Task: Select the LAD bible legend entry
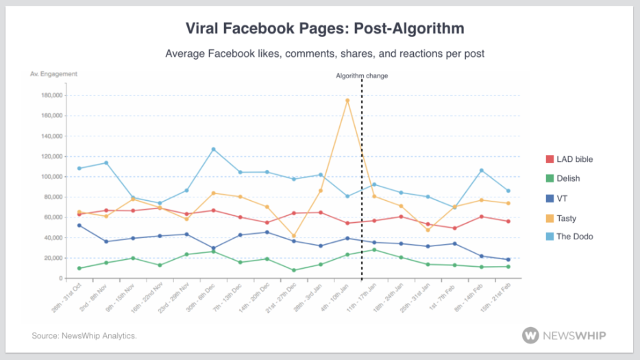tap(569, 159)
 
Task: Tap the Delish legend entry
tap(563, 178)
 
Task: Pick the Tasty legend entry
tap(561, 218)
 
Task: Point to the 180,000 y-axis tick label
tap(52, 95)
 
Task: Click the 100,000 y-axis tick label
tap(52, 177)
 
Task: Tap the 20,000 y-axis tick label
tap(53, 259)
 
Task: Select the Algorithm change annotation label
tap(362, 76)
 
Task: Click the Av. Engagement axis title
tap(54, 73)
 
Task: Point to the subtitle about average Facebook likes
tap(325, 53)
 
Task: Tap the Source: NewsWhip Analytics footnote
tap(84, 336)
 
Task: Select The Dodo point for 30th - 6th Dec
tap(213, 149)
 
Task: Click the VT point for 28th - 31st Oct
tap(79, 225)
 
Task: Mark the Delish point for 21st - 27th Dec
tap(294, 270)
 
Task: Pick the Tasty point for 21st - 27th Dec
tap(294, 236)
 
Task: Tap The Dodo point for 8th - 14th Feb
tap(481, 170)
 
